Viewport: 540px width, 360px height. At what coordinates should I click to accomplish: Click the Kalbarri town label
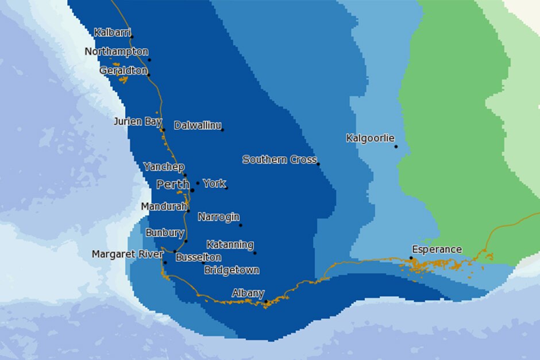[113, 32]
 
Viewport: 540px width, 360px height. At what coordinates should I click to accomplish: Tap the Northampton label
[116, 52]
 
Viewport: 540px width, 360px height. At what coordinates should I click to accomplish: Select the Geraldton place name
[124, 70]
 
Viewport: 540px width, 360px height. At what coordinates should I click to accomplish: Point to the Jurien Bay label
[137, 121]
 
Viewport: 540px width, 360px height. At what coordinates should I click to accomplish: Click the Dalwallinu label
[198, 125]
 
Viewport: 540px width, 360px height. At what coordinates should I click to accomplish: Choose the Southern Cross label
[279, 160]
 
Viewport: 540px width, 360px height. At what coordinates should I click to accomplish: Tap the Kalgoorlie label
[370, 138]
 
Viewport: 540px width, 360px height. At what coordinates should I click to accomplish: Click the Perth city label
[173, 184]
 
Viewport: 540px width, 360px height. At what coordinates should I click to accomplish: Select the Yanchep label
[164, 167]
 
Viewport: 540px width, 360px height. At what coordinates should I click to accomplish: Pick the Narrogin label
[218, 217]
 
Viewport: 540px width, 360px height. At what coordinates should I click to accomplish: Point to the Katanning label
[230, 245]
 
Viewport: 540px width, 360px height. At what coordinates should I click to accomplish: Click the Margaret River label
[128, 254]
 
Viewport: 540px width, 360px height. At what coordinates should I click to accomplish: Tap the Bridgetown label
[232, 270]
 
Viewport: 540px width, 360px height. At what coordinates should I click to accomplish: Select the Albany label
[248, 293]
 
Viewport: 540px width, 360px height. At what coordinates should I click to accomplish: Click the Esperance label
[437, 249]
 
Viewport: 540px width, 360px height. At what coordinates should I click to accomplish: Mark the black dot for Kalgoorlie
[396, 146]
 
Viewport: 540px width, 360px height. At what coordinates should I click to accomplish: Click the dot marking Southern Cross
[318, 164]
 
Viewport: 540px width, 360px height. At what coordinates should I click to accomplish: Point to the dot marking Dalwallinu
[222, 129]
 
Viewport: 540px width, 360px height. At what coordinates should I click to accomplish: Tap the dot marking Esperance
[411, 258]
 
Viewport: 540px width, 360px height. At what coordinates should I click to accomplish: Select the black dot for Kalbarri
[132, 37]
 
